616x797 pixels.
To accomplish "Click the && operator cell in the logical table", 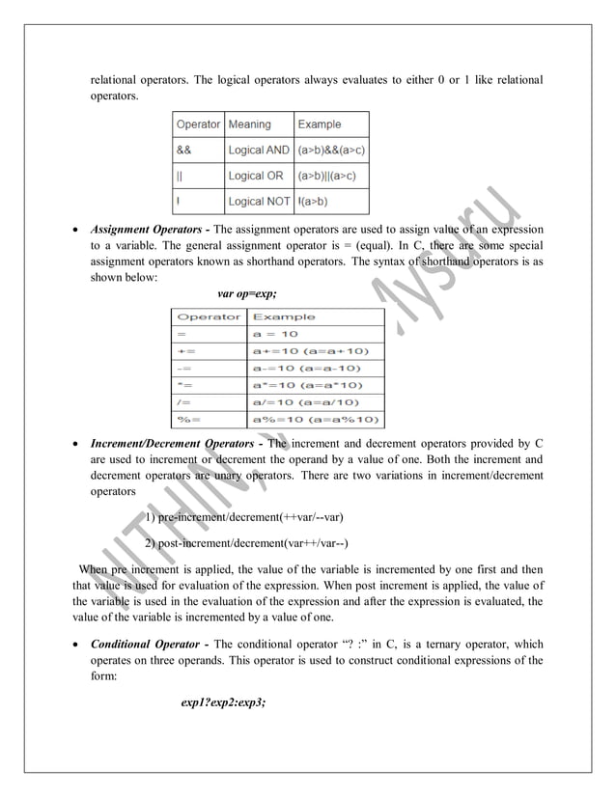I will point(183,151).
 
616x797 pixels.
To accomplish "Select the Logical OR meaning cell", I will point(256,176).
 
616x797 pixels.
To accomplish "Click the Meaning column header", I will point(249,124).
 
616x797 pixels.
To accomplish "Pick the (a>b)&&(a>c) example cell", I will point(331,151).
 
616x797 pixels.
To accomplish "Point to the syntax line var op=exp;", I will point(247,292).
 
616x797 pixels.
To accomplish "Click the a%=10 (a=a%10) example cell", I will point(317,420).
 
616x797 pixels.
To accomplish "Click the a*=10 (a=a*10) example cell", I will point(317,385).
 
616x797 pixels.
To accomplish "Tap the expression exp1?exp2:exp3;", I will point(223,702).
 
